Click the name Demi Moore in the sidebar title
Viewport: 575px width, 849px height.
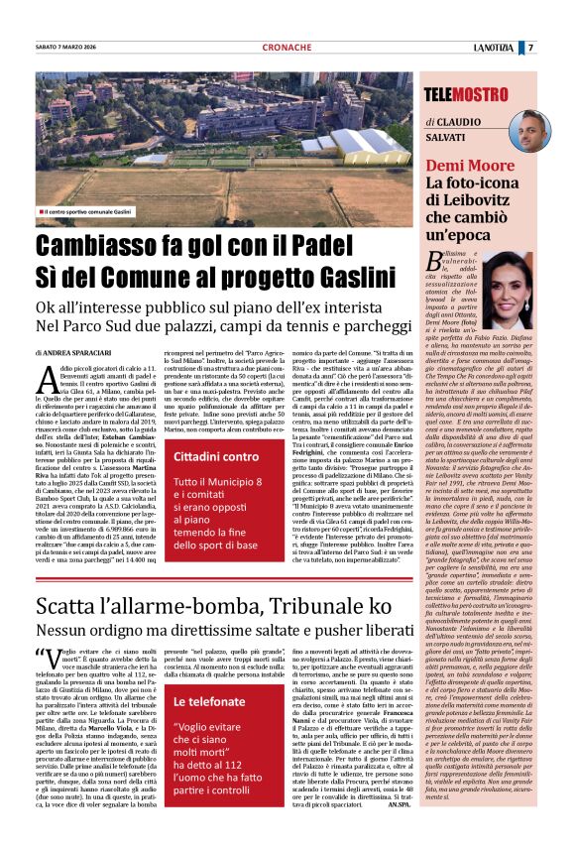pyautogui.click(x=471, y=165)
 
